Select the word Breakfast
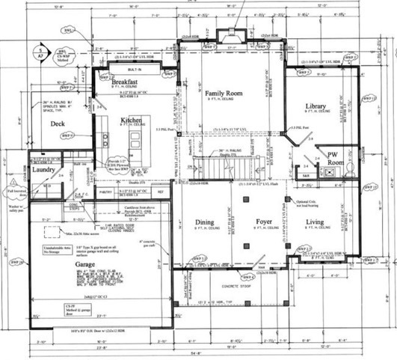pos(128,83)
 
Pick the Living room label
pos(313,222)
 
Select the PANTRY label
pos(105,193)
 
